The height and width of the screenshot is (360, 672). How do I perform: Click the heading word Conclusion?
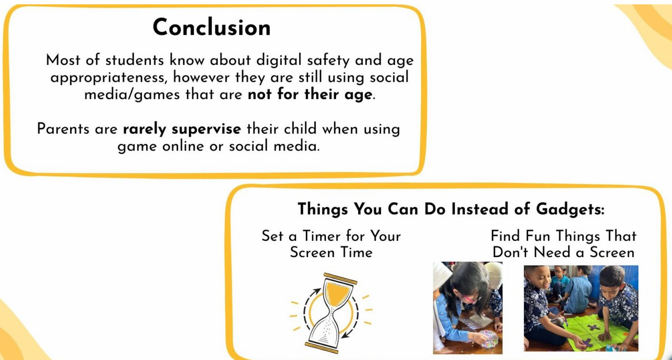(212, 27)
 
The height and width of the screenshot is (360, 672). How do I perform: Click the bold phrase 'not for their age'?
(310, 94)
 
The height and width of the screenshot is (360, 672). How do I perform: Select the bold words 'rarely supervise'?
(182, 129)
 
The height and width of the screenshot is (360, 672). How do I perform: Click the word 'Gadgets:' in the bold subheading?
(570, 209)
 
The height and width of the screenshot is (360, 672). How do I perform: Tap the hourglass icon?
(331, 312)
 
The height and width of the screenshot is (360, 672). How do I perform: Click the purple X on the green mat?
(593, 328)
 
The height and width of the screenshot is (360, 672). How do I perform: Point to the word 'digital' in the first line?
(279, 60)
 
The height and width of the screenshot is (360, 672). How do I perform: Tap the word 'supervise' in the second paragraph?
(206, 129)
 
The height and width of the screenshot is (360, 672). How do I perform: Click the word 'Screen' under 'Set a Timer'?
(312, 252)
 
